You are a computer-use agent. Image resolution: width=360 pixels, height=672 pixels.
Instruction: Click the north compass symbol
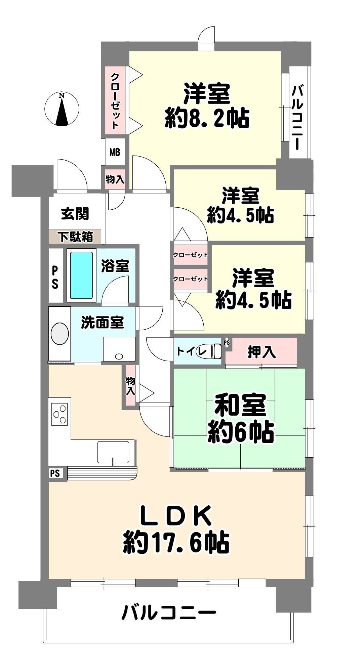click(62, 109)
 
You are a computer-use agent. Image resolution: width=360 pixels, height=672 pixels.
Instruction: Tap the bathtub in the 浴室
click(81, 275)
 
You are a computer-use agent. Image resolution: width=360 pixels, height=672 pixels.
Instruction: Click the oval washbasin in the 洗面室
click(60, 334)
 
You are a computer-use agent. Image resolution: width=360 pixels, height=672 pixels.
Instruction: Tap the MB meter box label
click(115, 152)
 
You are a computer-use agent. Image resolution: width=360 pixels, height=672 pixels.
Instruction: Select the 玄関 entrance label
click(75, 213)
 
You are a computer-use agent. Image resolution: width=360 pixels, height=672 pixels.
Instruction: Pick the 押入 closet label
click(262, 351)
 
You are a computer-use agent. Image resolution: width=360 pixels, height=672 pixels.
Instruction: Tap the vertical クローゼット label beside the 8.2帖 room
click(115, 101)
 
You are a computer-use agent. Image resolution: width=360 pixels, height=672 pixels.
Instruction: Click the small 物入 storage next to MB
click(115, 179)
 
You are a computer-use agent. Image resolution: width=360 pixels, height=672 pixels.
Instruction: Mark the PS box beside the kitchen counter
click(55, 473)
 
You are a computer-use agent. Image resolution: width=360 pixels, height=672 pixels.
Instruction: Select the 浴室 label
click(115, 266)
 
